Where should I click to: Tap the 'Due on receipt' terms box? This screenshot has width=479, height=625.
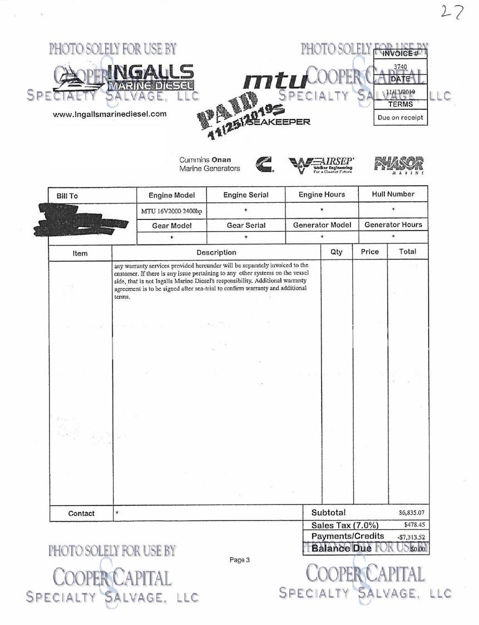[401, 117]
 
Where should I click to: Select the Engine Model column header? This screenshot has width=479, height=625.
[171, 195]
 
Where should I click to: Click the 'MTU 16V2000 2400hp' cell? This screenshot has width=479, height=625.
[171, 210]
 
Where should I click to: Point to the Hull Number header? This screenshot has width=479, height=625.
[393, 194]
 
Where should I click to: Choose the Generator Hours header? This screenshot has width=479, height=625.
[393, 225]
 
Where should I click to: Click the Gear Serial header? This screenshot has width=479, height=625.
[245, 226]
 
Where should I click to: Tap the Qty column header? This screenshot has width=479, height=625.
[337, 252]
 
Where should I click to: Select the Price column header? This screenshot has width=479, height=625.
[370, 252]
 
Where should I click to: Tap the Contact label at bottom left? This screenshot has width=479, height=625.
[81, 513]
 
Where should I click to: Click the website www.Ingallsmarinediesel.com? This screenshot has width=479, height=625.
[110, 114]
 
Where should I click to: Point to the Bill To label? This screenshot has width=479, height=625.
[67, 196]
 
